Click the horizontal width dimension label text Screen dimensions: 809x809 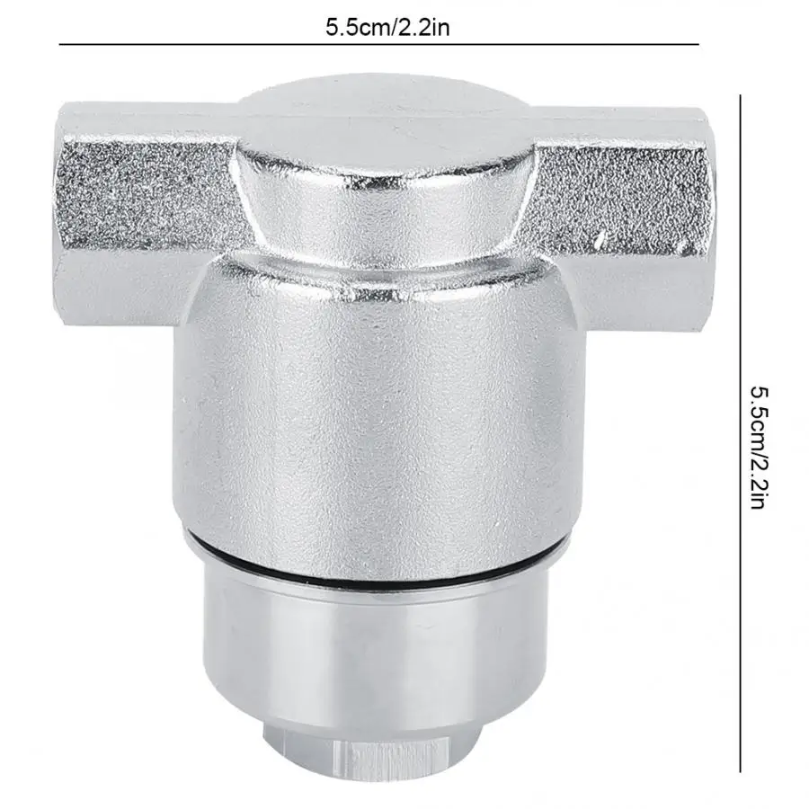(387, 27)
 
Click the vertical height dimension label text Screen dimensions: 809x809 (760, 448)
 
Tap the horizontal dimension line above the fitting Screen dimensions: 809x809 (379, 45)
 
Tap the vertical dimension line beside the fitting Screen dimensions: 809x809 (741, 433)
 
